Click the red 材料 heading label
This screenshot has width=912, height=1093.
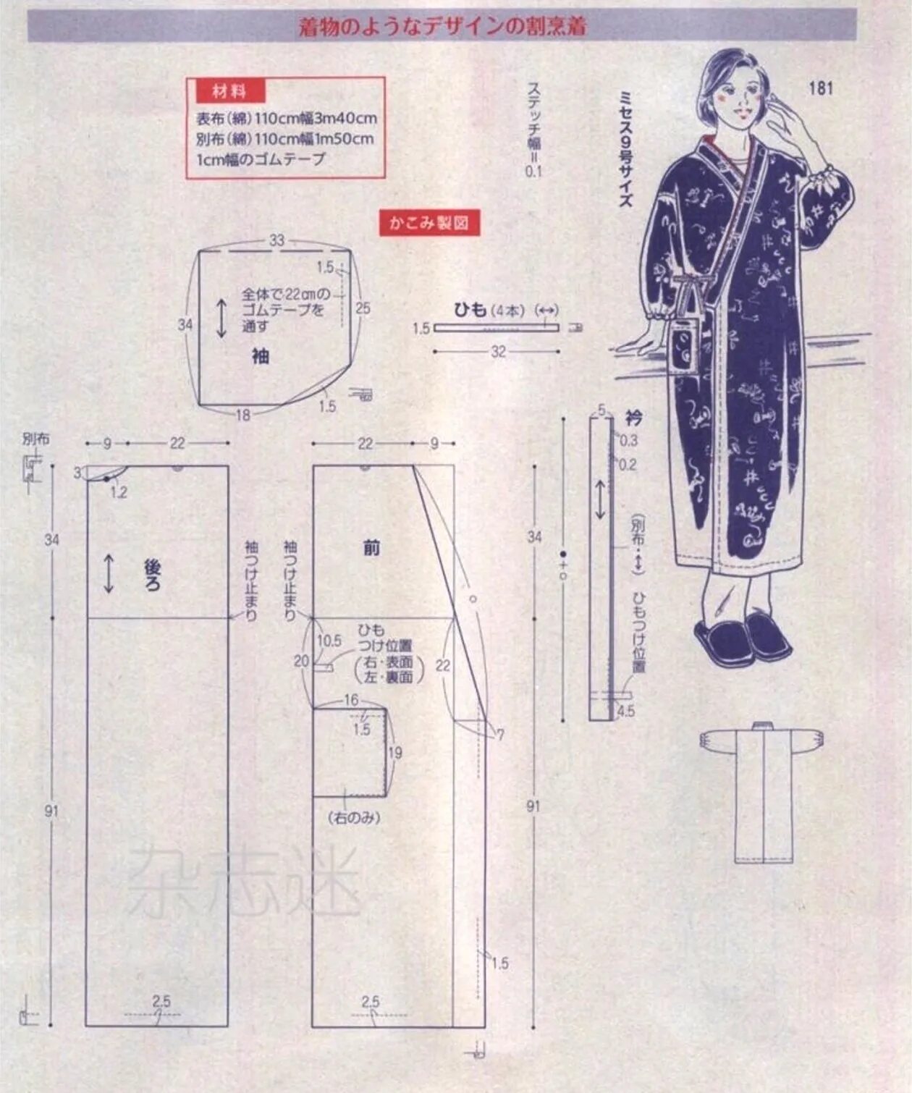tap(229, 92)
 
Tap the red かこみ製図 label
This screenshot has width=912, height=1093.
tap(429, 222)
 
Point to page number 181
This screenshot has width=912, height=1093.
tap(821, 88)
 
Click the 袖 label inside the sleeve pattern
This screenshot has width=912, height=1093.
tap(261, 355)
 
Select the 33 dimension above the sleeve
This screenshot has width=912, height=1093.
tap(277, 240)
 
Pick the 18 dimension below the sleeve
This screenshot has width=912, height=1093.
tap(242, 414)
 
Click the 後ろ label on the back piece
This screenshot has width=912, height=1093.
tap(153, 575)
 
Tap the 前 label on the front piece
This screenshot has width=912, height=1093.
tap(371, 548)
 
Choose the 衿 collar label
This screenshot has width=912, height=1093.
tap(633, 418)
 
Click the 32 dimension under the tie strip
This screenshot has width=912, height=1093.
tap(498, 352)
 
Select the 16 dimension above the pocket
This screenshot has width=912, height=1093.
tap(351, 700)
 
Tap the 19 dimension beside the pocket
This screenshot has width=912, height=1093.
tap(394, 753)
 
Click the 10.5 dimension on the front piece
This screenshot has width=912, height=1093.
tap(329, 641)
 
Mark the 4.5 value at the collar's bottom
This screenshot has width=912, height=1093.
tap(625, 712)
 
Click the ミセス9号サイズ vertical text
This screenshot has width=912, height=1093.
tap(625, 148)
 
